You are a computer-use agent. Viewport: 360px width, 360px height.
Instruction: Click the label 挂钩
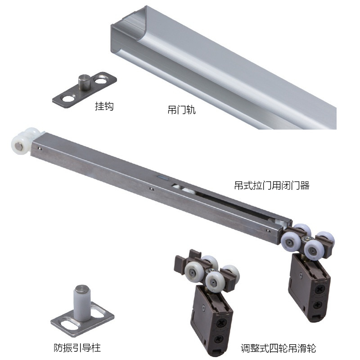(104, 106)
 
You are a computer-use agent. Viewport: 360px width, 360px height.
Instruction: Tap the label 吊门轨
(182, 110)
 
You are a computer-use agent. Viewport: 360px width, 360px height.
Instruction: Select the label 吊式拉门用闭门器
(272, 185)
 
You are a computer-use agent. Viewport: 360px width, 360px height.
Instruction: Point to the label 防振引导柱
(77, 347)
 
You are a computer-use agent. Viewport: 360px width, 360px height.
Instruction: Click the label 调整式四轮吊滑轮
(278, 348)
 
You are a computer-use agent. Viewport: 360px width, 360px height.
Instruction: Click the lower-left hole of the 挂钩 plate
(68, 99)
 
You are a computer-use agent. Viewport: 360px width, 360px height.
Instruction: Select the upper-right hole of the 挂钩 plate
(101, 80)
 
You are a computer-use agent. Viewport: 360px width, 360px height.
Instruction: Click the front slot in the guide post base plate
(69, 325)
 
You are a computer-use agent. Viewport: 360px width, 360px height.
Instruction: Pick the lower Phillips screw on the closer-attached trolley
(318, 305)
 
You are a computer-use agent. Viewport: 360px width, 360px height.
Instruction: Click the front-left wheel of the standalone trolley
(193, 272)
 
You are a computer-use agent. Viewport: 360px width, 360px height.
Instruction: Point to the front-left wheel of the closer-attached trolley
(291, 242)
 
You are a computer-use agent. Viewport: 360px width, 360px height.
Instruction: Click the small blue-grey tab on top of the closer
(162, 177)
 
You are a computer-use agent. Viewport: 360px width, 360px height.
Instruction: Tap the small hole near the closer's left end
(40, 149)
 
